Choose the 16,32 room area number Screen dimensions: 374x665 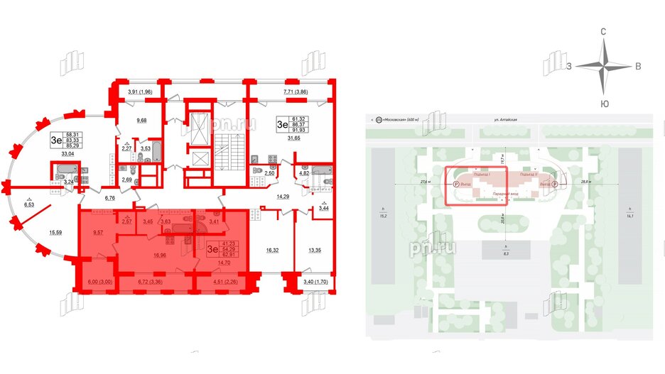point(273,250)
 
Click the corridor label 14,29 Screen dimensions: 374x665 point(285,195)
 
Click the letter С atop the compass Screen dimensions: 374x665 point(603,32)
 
